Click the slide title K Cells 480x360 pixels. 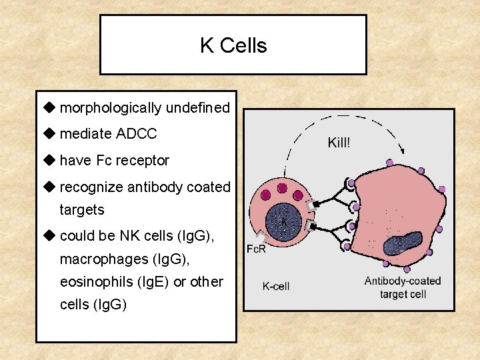pyautogui.click(x=233, y=45)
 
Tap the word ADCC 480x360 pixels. pyautogui.click(x=136, y=134)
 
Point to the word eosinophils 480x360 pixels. pyautogui.click(x=88, y=281)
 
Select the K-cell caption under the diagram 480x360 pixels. pyautogui.click(x=276, y=287)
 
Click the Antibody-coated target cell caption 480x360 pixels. pyautogui.click(x=403, y=287)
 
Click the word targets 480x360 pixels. pyautogui.click(x=82, y=209)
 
